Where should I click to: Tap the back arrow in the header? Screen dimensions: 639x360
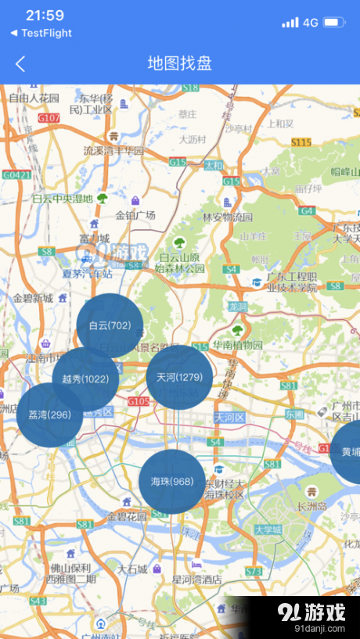[x=20, y=64]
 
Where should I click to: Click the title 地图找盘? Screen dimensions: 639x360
[x=180, y=64]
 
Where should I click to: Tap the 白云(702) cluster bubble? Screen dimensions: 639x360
[x=110, y=326]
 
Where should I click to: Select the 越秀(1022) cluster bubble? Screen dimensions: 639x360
[x=85, y=379]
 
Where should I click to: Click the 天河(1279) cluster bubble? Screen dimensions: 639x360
[x=179, y=377]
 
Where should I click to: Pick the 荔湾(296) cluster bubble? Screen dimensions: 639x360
[x=49, y=415]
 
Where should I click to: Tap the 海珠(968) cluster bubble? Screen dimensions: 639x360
[x=172, y=482]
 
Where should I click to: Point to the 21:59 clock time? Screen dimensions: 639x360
[x=45, y=16]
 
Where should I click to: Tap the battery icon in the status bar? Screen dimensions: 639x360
[x=334, y=23]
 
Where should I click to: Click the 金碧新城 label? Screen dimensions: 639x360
[x=33, y=298]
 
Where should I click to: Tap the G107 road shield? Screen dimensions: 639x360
[x=49, y=118]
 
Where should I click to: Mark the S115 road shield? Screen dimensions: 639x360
[x=301, y=142]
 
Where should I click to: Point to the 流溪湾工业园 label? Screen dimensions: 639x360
[x=114, y=150]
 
